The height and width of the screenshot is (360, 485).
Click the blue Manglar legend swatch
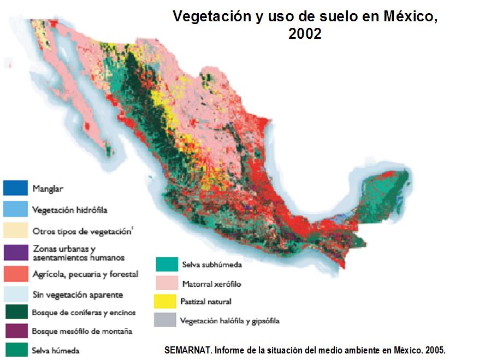click(x=15, y=188)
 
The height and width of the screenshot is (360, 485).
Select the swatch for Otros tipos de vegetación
click(x=15, y=230)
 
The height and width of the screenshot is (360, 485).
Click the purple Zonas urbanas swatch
click(x=15, y=252)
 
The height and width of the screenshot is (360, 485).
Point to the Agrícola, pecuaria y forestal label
click(x=85, y=274)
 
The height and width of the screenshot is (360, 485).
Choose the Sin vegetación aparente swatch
click(x=15, y=294)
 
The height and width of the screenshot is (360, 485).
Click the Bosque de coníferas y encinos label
click(x=84, y=313)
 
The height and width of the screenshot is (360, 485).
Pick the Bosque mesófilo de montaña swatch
click(x=15, y=331)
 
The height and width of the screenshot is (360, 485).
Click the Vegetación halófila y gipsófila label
click(x=230, y=321)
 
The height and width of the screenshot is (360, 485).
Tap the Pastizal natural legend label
click(x=206, y=302)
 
